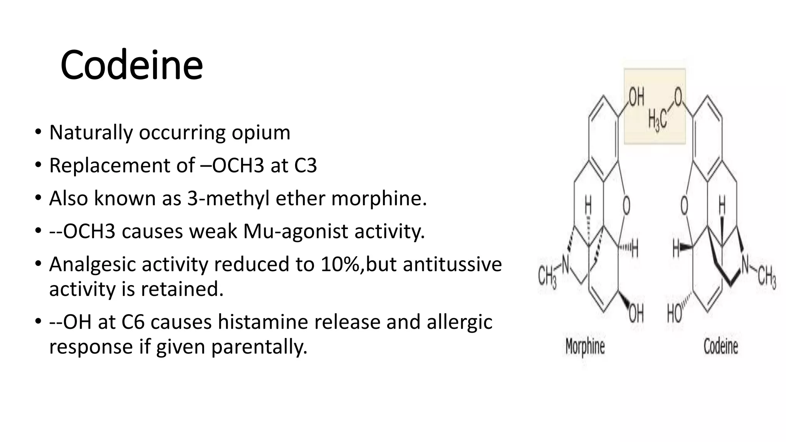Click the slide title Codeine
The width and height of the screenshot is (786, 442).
(131, 65)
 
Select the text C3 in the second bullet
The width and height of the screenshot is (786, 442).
(305, 166)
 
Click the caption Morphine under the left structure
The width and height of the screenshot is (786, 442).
(585, 347)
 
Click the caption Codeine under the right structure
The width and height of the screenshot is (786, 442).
(720, 347)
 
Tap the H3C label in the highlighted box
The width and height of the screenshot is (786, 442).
(657, 119)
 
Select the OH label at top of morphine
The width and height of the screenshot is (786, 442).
(636, 97)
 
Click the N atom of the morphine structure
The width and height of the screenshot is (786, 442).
(565, 264)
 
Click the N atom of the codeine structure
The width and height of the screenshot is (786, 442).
(745, 264)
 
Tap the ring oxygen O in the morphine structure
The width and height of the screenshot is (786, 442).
(626, 206)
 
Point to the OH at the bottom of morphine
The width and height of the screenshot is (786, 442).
(636, 314)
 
